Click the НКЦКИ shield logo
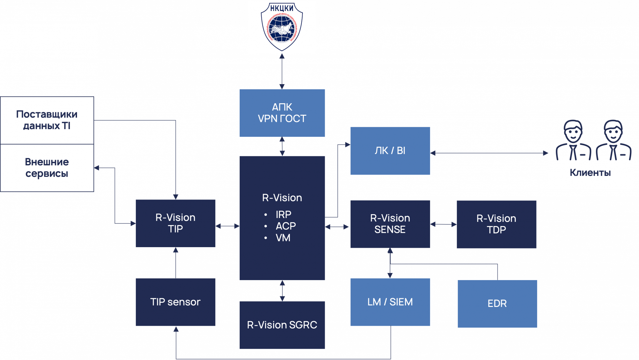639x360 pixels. point(282,27)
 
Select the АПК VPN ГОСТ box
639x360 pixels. point(282,113)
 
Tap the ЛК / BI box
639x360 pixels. point(390,151)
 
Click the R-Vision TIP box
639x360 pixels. point(175,223)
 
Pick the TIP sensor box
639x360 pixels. point(175,302)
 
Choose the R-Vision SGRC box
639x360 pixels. point(282,325)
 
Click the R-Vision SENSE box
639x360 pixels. point(390,224)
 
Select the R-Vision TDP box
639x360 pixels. point(496,224)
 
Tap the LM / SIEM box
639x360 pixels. point(390,302)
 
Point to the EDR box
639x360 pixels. point(497,303)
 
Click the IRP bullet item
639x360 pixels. point(283,215)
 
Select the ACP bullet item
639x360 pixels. point(286,226)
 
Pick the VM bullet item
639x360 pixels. point(283,238)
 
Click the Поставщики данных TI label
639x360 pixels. point(47,120)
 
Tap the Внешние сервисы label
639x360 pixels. point(47,168)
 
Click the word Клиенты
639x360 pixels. point(590,173)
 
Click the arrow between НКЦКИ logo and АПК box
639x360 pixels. point(282,71)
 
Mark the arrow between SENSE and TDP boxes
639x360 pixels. point(443,224)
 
